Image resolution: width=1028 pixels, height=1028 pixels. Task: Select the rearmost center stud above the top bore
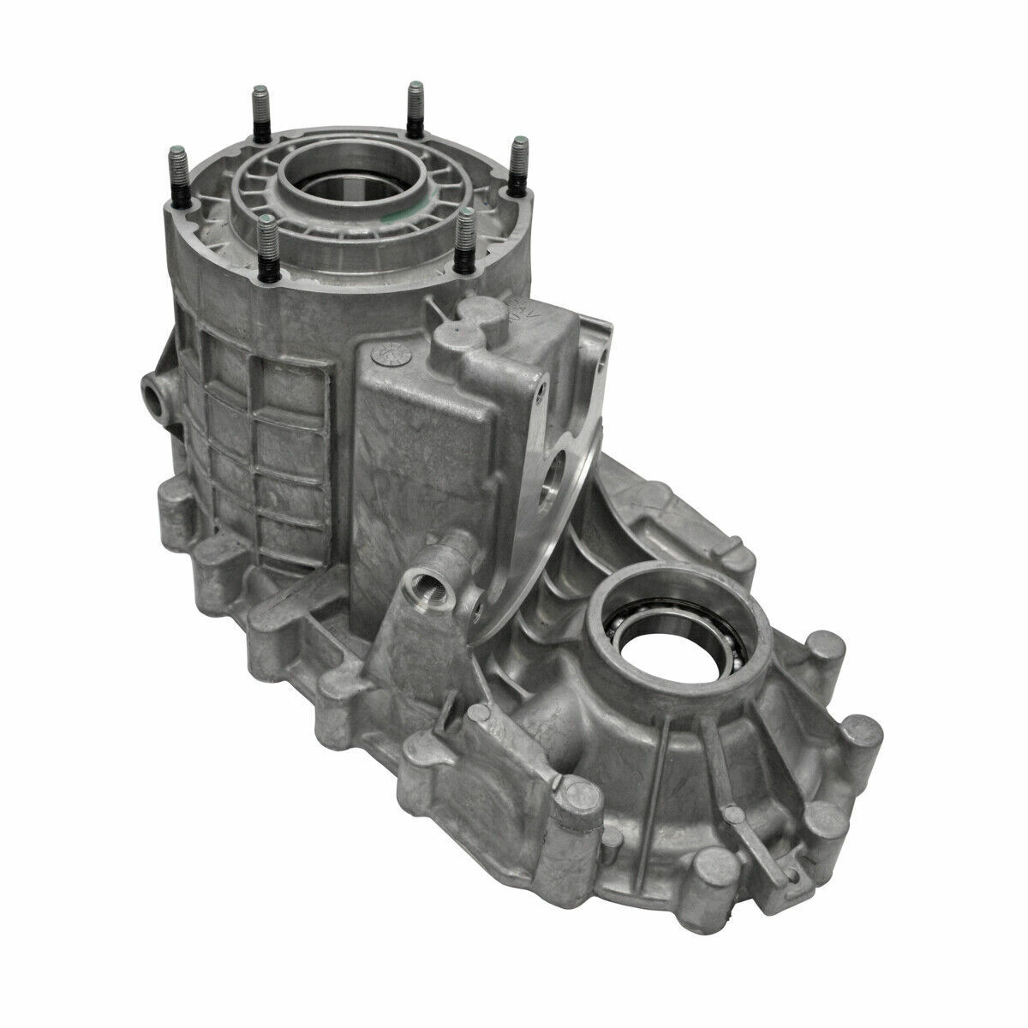pyautogui.click(x=415, y=109)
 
